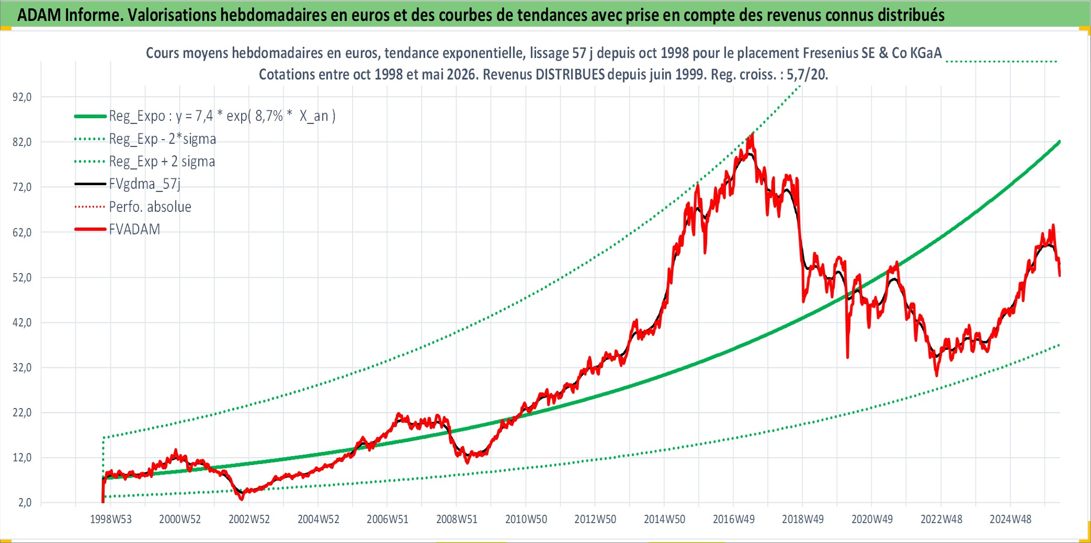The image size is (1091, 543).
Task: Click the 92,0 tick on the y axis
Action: click(x=22, y=97)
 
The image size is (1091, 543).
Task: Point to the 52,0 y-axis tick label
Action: click(x=22, y=277)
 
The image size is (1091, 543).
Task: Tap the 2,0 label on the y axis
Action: click(x=25, y=503)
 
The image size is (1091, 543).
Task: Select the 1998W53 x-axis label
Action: click(x=111, y=519)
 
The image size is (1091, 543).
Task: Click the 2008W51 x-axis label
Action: click(x=457, y=519)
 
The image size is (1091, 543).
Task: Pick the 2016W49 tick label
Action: click(x=734, y=519)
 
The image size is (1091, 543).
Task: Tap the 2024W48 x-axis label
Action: click(x=1010, y=519)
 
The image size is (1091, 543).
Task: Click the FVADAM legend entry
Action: click(x=134, y=229)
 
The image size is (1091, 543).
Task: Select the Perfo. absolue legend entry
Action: click(x=150, y=207)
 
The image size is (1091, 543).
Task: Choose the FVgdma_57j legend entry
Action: click(x=145, y=184)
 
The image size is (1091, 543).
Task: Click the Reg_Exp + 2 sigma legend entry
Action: click(x=162, y=162)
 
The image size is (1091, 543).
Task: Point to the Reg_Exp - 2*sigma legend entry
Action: click(x=163, y=139)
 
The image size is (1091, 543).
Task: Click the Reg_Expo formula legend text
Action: click(x=222, y=116)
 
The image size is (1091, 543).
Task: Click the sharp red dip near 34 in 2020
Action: click(x=847, y=357)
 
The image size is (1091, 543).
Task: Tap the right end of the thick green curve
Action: click(x=1060, y=141)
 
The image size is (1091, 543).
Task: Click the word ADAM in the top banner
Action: click(x=39, y=15)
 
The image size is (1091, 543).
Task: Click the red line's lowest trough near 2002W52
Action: click(x=242, y=499)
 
